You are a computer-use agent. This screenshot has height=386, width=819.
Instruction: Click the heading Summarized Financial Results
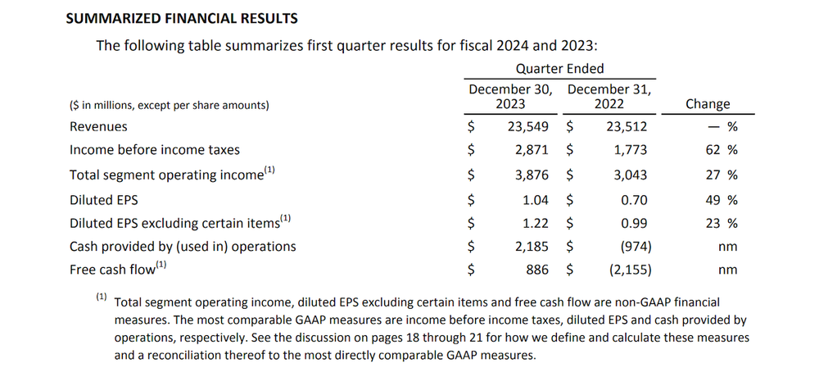pyautogui.click(x=182, y=17)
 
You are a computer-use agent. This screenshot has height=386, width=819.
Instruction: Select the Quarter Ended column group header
pyautogui.click(x=559, y=69)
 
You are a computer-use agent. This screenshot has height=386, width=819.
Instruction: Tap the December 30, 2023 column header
pyautogui.click(x=510, y=96)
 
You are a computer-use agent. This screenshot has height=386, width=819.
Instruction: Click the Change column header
pyautogui.click(x=707, y=104)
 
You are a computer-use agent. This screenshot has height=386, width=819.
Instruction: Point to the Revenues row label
pyautogui.click(x=98, y=127)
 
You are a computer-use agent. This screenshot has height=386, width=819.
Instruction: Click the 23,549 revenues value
pyautogui.click(x=529, y=127)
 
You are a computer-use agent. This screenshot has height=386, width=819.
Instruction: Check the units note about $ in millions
pyautogui.click(x=170, y=105)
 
